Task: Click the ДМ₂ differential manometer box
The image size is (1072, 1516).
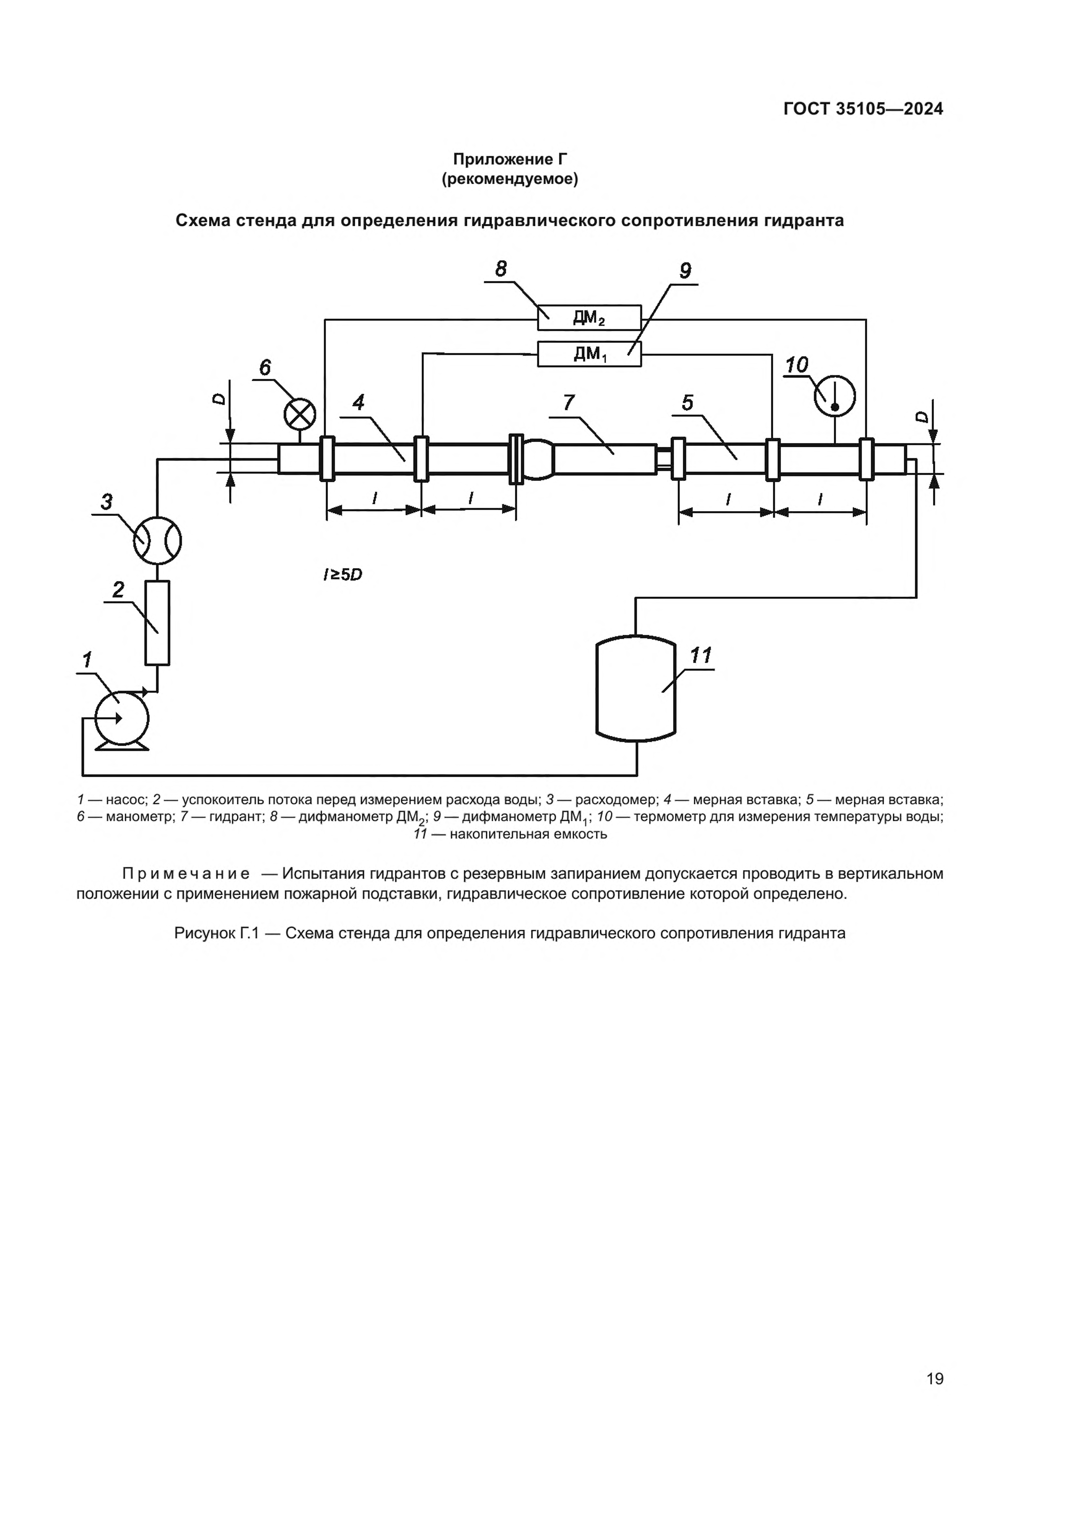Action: pos(589,318)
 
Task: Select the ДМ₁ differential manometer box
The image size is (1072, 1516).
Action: pos(589,354)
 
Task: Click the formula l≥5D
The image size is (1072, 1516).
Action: pos(343,575)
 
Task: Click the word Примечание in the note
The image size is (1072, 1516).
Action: pos(186,874)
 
